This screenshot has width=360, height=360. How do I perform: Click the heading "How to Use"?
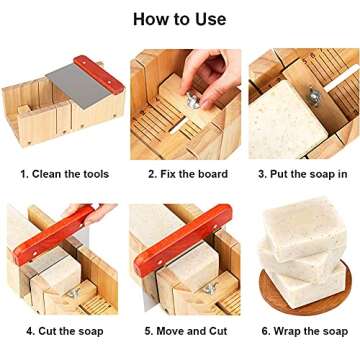click(x=180, y=19)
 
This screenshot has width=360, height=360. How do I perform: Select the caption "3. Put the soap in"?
click(x=301, y=174)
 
